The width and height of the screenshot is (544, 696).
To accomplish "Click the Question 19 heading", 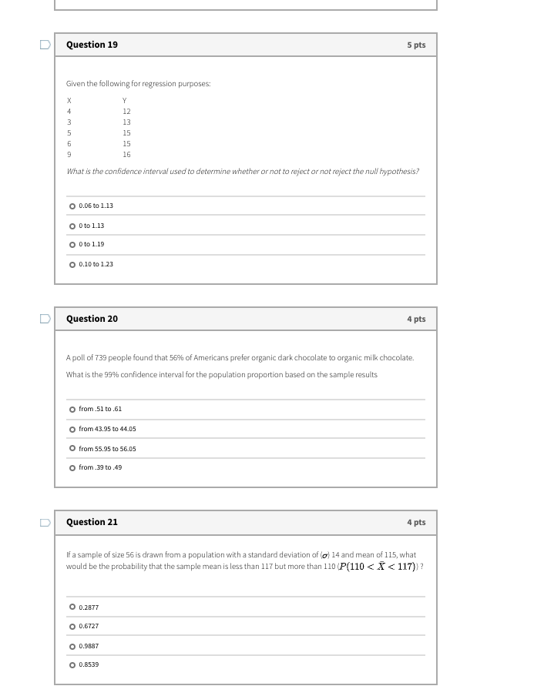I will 92,45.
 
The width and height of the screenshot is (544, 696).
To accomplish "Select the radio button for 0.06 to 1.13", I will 72,206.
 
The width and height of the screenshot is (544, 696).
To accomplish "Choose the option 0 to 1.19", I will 72,245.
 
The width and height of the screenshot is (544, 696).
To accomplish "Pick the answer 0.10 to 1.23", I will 72,265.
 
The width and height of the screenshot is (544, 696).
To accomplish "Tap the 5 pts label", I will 416,45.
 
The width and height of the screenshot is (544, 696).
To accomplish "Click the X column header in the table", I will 69,101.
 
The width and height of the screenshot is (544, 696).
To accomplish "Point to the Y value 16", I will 126,155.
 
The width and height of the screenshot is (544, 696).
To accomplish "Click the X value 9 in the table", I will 69,155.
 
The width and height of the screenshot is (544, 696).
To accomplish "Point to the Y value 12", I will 126,112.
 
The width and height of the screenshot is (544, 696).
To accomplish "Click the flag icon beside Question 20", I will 45,319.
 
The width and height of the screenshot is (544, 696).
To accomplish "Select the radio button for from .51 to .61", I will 72,410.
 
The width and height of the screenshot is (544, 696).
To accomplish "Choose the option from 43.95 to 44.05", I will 72,430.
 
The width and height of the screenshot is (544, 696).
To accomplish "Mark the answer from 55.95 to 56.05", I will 72,449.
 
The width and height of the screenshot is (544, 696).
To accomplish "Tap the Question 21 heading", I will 92,522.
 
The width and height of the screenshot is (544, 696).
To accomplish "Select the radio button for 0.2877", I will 72,607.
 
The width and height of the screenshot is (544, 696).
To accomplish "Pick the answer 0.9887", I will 72,647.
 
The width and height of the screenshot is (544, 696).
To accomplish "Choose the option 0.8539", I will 72,665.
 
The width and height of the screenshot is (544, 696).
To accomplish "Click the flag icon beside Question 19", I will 45,45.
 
